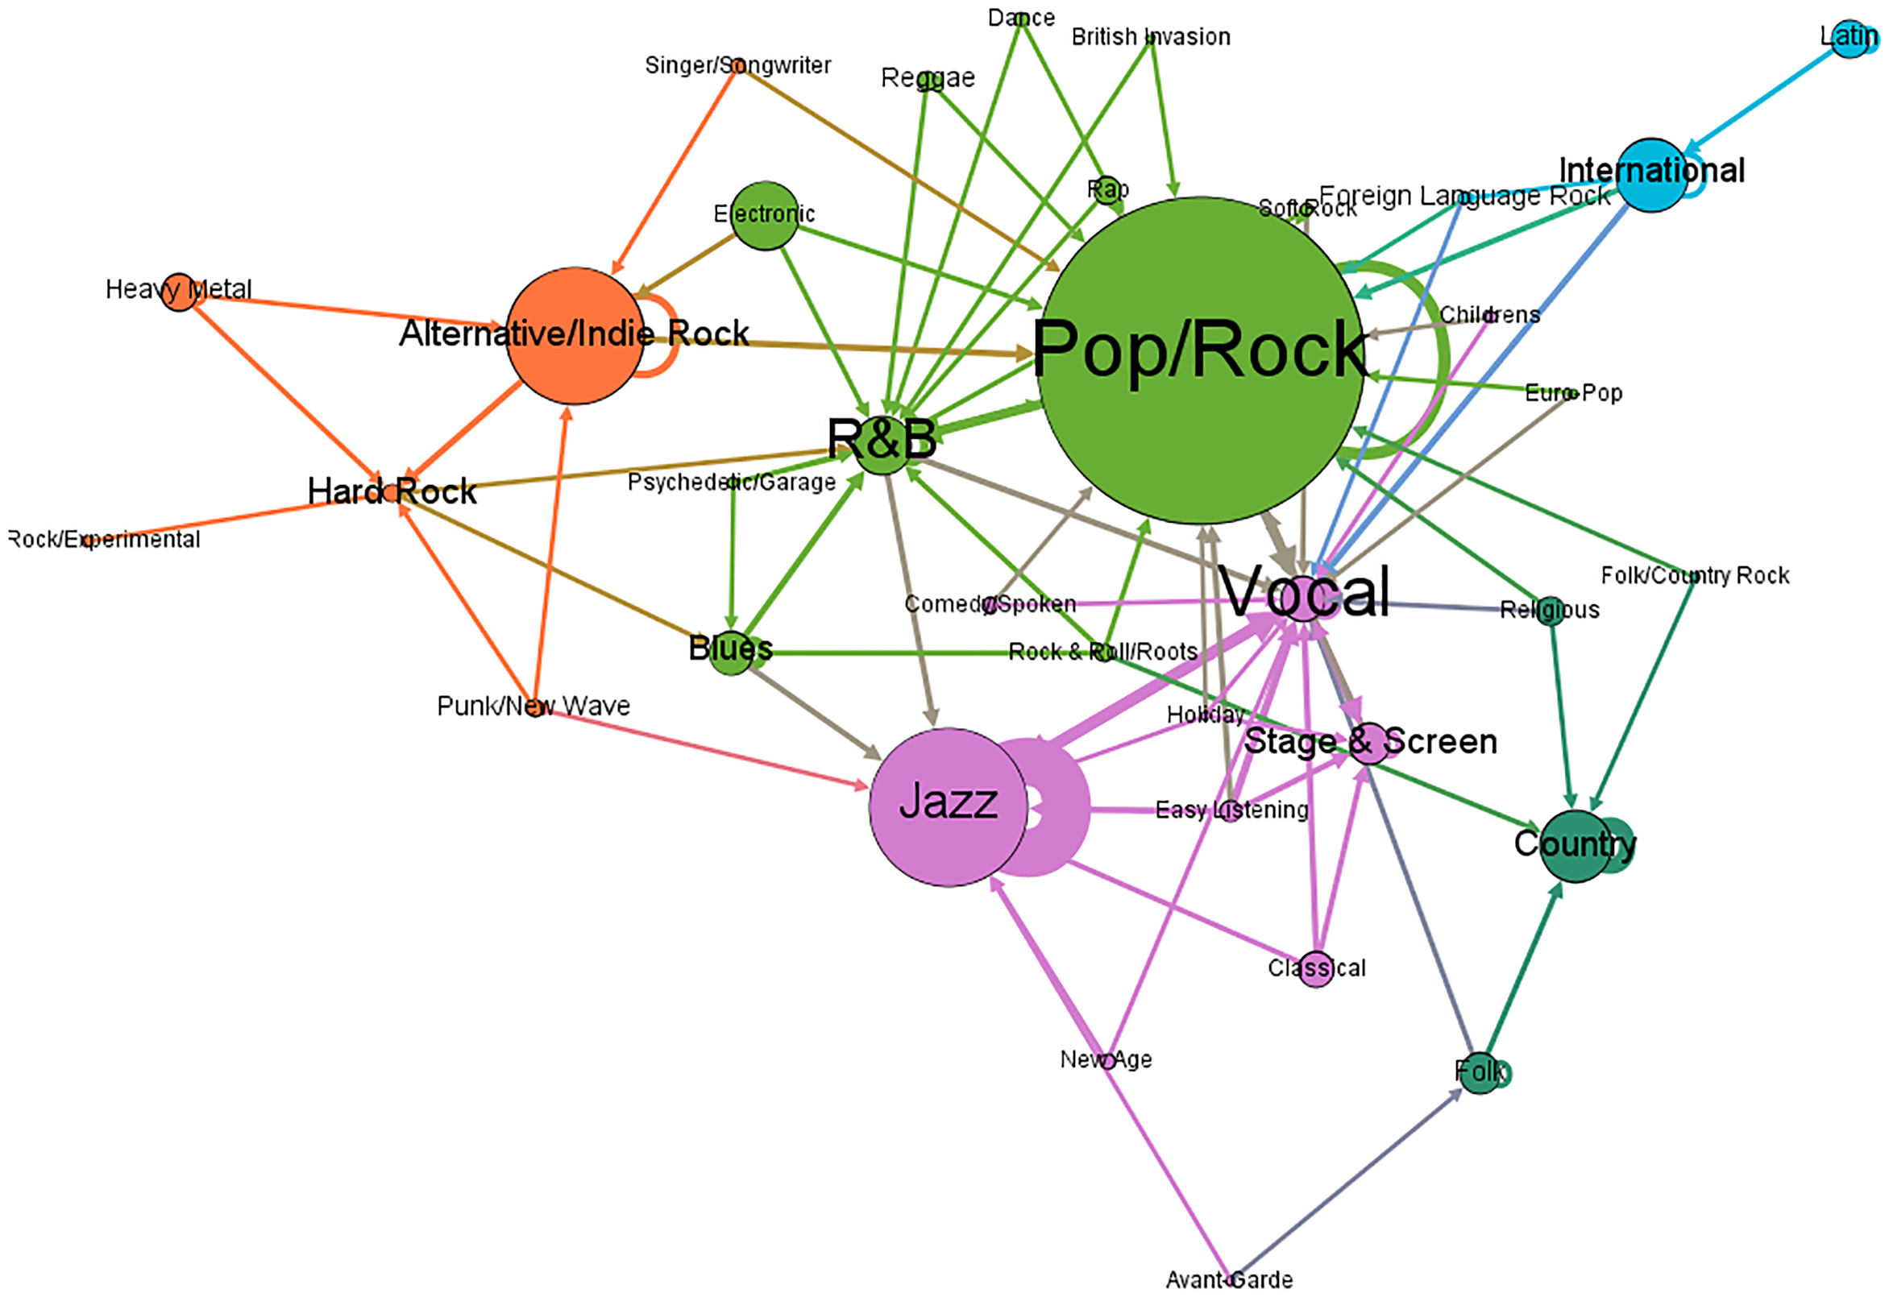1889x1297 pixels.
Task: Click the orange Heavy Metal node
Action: pyautogui.click(x=180, y=292)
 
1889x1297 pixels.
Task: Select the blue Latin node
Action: pyautogui.click(x=1850, y=39)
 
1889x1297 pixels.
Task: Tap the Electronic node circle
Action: pyautogui.click(x=765, y=215)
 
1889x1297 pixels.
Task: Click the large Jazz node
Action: pyautogui.click(x=948, y=806)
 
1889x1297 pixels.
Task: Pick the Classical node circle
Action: pyautogui.click(x=1316, y=968)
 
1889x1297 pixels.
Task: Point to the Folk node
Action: pyautogui.click(x=1480, y=1073)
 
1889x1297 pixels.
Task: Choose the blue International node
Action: pyautogui.click(x=1650, y=176)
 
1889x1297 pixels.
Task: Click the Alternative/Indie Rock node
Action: pyautogui.click(x=575, y=335)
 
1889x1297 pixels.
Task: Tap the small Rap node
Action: pyautogui.click(x=1107, y=189)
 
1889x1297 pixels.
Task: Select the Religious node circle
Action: pyautogui.click(x=1550, y=611)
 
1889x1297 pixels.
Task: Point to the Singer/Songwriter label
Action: pyautogui.click(x=737, y=65)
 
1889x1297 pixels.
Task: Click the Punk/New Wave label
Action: pyautogui.click(x=533, y=706)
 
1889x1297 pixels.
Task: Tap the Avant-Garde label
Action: pyautogui.click(x=1229, y=1280)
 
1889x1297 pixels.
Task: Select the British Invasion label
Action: pyautogui.click(x=1150, y=36)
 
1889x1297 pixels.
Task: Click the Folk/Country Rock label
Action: pyautogui.click(x=1695, y=575)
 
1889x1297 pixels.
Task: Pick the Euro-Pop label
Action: pyautogui.click(x=1573, y=393)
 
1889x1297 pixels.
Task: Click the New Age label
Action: pyautogui.click(x=1106, y=1059)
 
